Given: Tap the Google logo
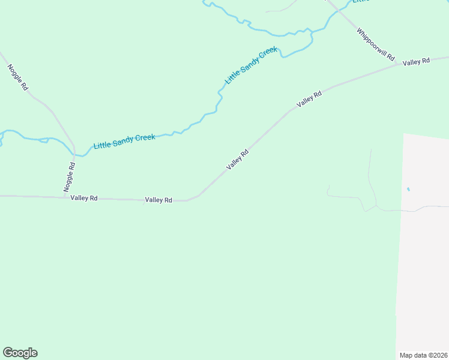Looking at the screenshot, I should [x=20, y=353].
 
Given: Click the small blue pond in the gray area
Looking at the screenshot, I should [x=409, y=190].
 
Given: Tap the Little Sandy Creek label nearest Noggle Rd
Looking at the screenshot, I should [x=124, y=142].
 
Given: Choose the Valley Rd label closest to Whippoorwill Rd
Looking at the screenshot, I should [x=417, y=62].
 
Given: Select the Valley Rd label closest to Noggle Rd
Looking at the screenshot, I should [x=83, y=197].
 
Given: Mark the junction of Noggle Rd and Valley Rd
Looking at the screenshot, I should [x=65, y=197].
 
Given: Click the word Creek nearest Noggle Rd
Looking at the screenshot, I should [x=144, y=138].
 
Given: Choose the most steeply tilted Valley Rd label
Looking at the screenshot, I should [x=237, y=160].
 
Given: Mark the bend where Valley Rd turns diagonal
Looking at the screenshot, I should [x=190, y=200].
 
